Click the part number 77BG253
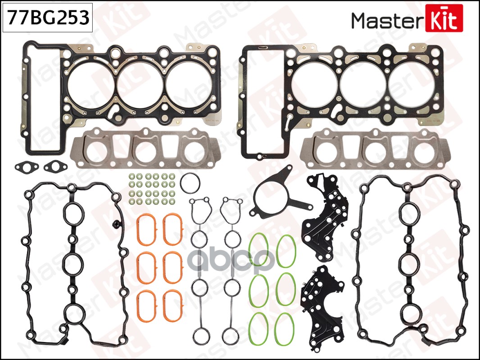48,17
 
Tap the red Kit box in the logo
444,18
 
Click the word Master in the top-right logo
388,21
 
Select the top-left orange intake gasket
146,229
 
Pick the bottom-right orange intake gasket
173,306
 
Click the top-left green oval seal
258,249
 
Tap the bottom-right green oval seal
285,329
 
